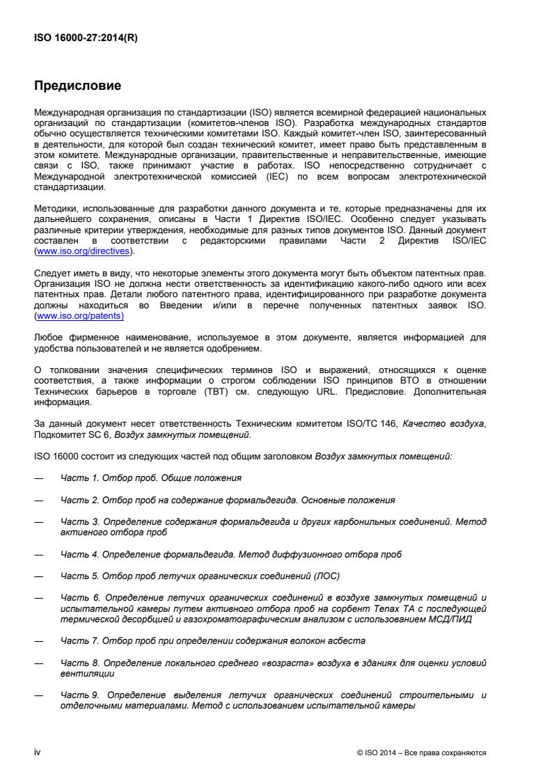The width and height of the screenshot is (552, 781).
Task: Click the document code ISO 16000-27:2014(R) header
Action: point(86,38)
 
